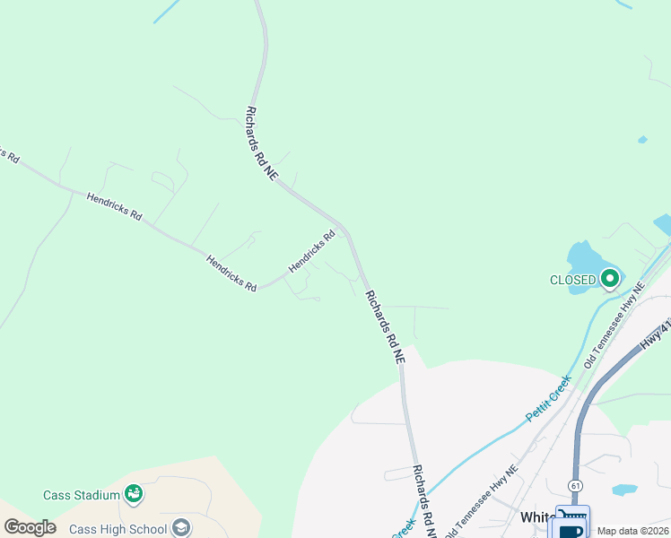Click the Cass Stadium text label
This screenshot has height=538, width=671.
(x=82, y=495)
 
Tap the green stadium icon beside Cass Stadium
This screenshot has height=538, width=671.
(x=134, y=493)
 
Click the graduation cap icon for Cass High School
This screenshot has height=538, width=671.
(x=181, y=527)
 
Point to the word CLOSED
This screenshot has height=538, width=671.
(x=572, y=280)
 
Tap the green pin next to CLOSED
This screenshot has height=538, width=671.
(x=611, y=279)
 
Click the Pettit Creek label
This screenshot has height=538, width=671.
(x=548, y=398)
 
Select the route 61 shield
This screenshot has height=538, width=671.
(x=573, y=484)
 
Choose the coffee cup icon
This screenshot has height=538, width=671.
(x=571, y=532)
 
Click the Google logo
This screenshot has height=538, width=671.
(x=30, y=527)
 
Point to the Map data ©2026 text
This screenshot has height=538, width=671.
(x=632, y=531)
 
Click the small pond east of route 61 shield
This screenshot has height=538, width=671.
(x=624, y=490)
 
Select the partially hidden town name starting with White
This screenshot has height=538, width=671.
(x=538, y=518)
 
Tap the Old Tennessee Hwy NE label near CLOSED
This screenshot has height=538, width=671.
(x=614, y=325)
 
